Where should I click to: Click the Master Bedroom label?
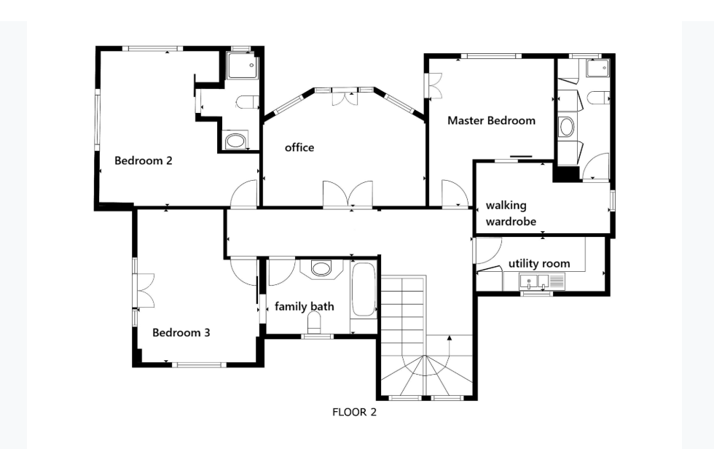[491, 121]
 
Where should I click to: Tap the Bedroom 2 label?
[144, 161]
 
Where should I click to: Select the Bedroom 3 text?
[181, 333]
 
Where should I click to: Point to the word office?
[299, 147]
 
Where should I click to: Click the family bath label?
[305, 306]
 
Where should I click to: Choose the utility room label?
[539, 264]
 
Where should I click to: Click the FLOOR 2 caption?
[354, 412]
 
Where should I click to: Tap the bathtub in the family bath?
[364, 289]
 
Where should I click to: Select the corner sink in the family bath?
[321, 268]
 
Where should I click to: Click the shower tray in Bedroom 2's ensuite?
[243, 66]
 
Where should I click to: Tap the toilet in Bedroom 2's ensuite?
[247, 103]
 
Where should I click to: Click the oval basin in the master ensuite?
[567, 127]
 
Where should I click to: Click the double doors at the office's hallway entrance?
[348, 195]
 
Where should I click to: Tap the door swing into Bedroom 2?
[244, 194]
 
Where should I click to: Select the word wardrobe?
[511, 222]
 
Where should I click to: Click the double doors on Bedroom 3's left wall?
[145, 291]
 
